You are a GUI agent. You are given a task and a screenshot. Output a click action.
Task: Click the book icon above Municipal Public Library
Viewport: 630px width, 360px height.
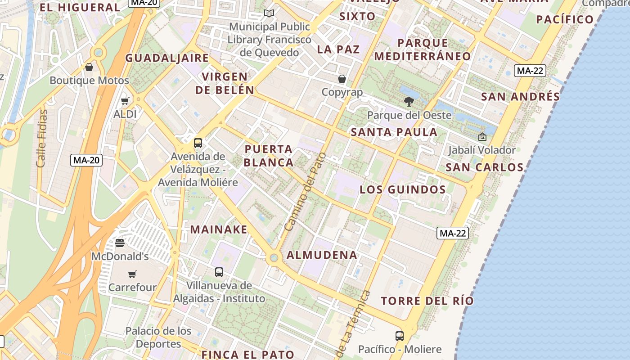[269, 13]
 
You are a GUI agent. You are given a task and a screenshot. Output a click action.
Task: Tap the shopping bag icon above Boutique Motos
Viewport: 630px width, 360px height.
[89, 67]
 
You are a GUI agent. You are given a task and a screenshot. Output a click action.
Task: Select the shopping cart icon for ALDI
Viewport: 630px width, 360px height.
[125, 101]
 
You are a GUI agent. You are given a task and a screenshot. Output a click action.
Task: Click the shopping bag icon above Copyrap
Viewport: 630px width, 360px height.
[342, 79]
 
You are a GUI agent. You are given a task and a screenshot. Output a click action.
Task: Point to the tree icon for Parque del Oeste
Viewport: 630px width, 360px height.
[409, 102]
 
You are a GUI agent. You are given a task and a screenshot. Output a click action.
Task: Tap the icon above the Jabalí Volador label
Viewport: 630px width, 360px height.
[482, 137]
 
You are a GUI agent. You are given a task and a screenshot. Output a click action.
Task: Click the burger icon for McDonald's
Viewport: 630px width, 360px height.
[120, 243]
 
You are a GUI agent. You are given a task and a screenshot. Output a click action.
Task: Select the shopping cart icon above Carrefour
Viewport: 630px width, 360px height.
[132, 274]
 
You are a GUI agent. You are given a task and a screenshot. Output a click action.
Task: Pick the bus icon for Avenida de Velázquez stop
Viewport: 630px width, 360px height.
[198, 143]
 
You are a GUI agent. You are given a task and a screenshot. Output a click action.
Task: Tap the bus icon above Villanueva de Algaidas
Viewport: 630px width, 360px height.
[219, 272]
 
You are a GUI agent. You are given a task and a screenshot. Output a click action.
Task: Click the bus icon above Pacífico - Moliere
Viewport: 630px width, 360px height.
[399, 336]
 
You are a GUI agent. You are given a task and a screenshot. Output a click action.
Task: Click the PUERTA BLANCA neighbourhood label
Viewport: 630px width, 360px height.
[269, 155]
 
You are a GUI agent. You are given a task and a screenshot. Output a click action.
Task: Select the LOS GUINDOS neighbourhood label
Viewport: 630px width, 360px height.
[403, 189]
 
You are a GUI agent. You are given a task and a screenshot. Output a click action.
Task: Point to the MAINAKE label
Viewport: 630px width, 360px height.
[219, 229]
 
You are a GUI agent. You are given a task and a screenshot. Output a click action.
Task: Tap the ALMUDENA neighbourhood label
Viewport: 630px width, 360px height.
[322, 255]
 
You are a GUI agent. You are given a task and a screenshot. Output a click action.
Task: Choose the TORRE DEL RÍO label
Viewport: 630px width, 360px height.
[427, 301]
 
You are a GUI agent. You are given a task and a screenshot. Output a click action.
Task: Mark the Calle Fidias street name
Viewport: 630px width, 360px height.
[42, 138]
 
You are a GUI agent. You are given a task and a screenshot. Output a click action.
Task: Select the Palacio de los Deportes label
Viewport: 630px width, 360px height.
[158, 337]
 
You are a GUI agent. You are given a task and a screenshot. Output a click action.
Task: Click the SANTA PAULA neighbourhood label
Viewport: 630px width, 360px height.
[394, 132]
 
